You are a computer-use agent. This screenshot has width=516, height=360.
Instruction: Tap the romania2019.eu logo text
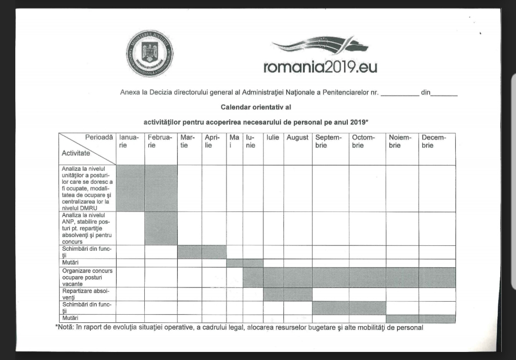(320, 66)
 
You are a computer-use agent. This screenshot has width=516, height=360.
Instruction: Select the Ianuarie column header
(129, 141)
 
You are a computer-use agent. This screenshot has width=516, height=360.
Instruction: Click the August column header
(297, 138)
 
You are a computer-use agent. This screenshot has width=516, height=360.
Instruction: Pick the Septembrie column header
(329, 141)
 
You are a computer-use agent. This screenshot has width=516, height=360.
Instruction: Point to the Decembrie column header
(434, 141)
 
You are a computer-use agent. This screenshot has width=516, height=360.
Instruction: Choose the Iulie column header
(273, 138)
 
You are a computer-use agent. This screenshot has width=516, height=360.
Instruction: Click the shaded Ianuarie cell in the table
(130, 188)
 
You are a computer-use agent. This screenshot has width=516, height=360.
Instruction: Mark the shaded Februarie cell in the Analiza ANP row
(161, 228)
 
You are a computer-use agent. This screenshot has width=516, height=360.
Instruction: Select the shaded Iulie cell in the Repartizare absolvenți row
(273, 294)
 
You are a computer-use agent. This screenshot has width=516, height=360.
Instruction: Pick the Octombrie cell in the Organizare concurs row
(367, 277)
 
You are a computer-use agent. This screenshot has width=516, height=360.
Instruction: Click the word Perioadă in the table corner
(99, 138)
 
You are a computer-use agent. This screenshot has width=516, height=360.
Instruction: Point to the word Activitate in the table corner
(75, 153)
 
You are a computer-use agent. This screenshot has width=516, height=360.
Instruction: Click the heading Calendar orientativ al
(256, 107)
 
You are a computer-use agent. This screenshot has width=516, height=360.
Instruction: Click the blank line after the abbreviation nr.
(399, 93)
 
